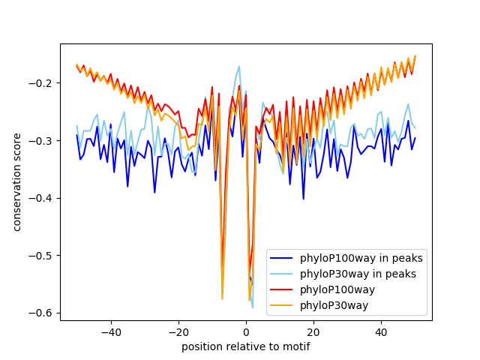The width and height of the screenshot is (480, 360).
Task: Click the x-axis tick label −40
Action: (110, 331)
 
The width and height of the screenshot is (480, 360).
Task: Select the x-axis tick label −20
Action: (178, 331)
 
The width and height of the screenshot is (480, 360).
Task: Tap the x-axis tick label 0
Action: (246, 331)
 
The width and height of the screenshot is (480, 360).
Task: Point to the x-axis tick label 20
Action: (313, 331)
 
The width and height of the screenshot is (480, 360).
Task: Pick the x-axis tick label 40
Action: (381, 331)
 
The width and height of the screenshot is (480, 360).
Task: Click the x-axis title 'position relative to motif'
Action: (246, 346)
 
